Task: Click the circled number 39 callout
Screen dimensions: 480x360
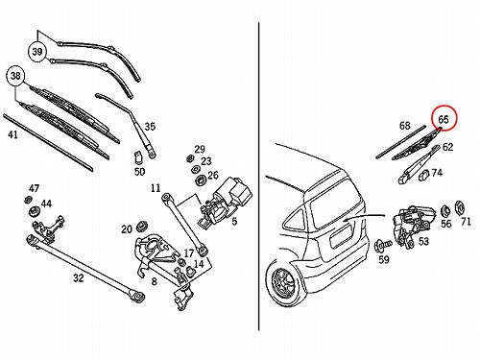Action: click(x=37, y=52)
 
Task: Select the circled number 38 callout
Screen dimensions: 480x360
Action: click(x=15, y=76)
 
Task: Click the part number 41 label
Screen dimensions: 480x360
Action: click(x=12, y=134)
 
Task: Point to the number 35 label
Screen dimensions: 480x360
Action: click(x=150, y=127)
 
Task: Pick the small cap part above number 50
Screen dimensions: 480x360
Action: click(x=138, y=156)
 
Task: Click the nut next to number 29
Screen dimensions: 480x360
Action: click(x=189, y=158)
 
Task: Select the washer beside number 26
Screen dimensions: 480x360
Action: click(x=201, y=180)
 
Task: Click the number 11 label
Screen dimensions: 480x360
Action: click(x=156, y=188)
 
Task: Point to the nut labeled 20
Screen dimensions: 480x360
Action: click(x=141, y=227)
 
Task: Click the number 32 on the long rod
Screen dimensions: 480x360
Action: click(x=78, y=278)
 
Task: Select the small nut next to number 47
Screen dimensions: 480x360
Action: click(x=28, y=200)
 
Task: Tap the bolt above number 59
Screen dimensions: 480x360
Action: click(x=383, y=246)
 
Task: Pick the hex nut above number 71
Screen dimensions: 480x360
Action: click(x=460, y=208)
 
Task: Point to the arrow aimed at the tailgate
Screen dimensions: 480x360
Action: click(x=365, y=218)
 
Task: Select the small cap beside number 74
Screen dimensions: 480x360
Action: click(x=423, y=176)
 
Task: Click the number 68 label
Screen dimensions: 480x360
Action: click(x=404, y=125)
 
